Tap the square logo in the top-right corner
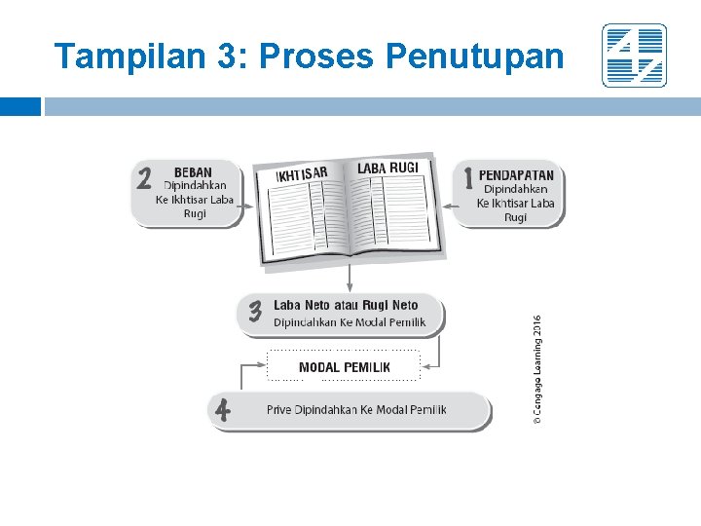(634, 56)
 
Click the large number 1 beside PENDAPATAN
(468, 178)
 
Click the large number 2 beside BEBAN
(144, 180)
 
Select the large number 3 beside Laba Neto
(255, 312)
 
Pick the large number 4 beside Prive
(223, 410)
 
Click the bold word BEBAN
(193, 172)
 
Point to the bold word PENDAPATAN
(516, 175)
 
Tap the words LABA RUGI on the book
(387, 169)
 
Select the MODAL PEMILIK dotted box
(344, 366)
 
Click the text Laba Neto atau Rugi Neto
(346, 306)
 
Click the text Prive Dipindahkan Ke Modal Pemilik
(356, 410)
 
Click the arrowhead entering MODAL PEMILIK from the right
(425, 366)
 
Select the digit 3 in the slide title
(233, 56)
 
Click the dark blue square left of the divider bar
(20, 106)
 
